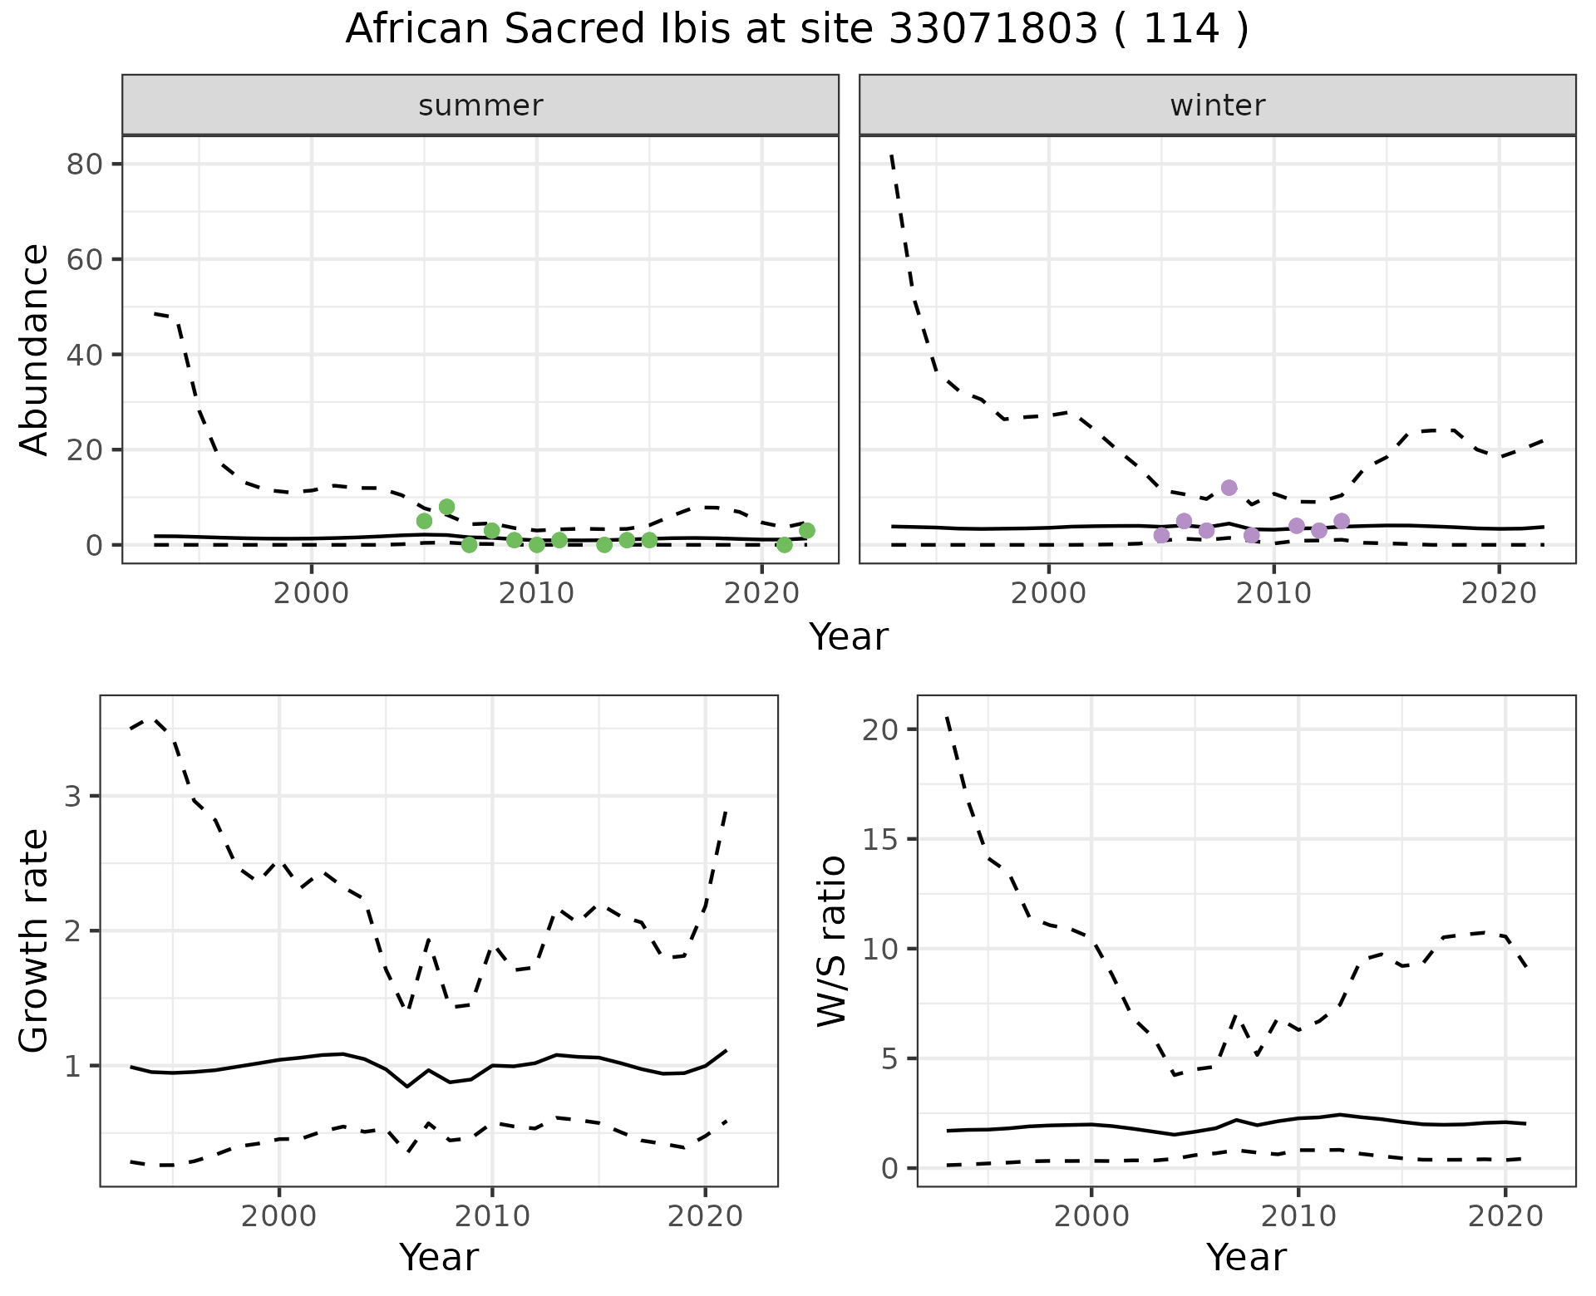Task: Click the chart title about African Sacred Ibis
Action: click(x=796, y=30)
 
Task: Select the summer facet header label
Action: click(x=480, y=106)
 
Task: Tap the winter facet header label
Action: click(x=1217, y=106)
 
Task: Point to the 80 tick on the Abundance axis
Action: click(x=85, y=164)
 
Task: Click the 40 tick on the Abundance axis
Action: click(x=85, y=355)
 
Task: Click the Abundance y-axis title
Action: click(x=34, y=349)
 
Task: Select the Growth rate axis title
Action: click(x=34, y=940)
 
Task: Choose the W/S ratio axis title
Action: click(x=831, y=940)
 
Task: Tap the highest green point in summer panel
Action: click(x=446, y=507)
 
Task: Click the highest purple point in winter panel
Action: click(x=1229, y=488)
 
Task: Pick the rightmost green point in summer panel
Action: click(x=806, y=530)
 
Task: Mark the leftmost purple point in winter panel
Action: click(x=1161, y=535)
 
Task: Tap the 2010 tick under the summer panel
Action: click(x=536, y=594)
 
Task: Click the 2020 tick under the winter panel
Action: click(x=1498, y=594)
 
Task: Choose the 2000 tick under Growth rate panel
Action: click(x=279, y=1217)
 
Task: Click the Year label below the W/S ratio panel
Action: click(x=1246, y=1257)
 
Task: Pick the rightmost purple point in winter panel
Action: click(x=1341, y=521)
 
